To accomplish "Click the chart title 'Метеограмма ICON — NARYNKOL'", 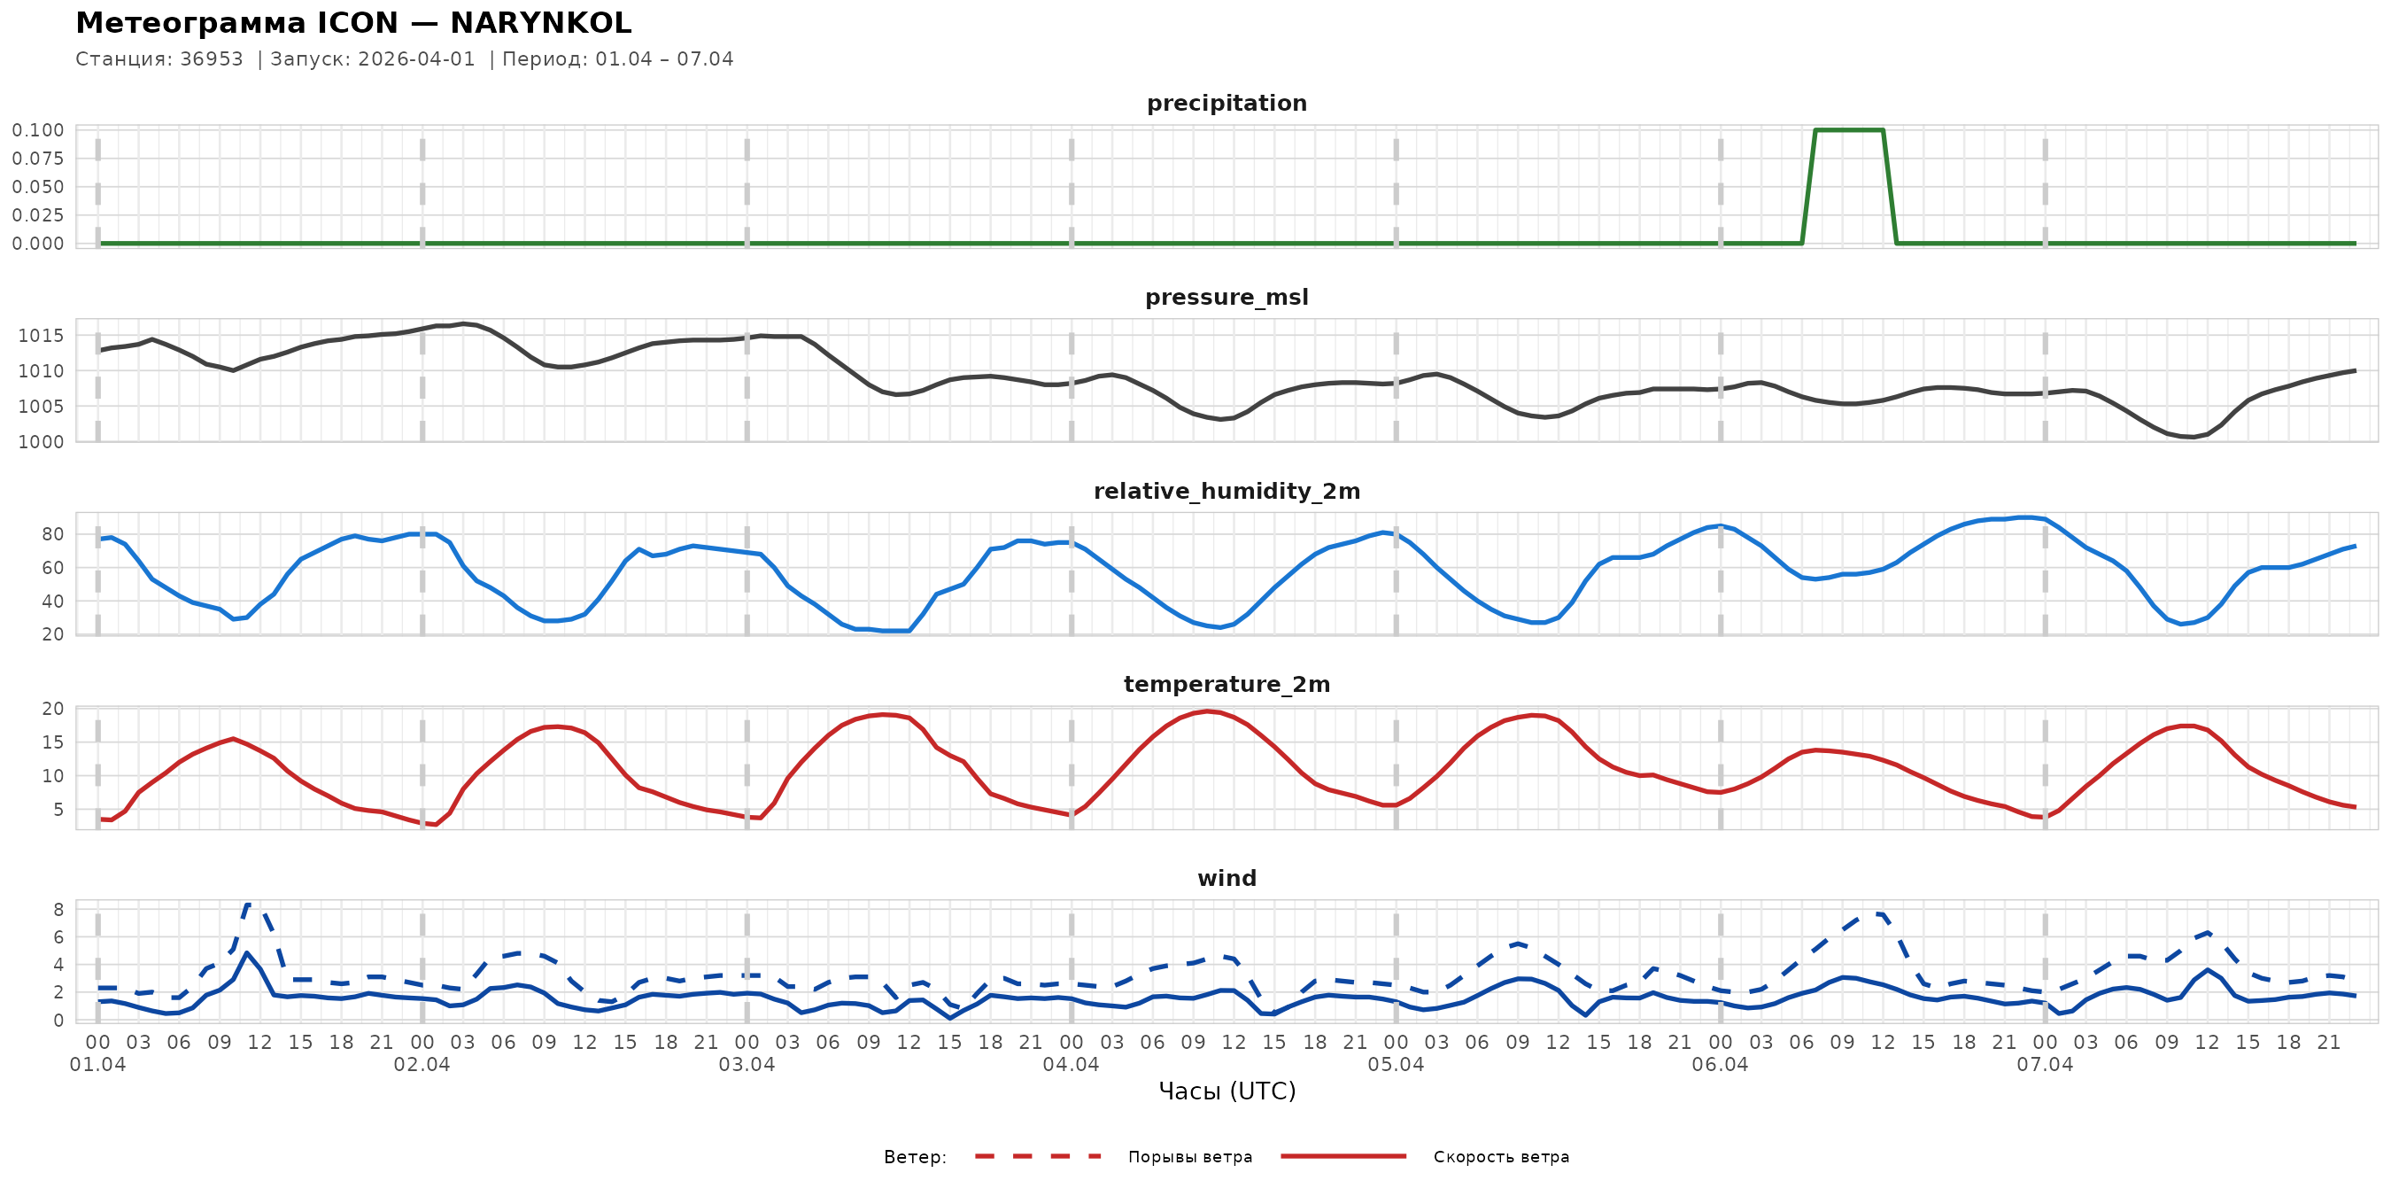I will click(x=352, y=23).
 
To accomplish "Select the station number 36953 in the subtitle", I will click(x=211, y=59).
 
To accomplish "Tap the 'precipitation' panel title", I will click(x=1226, y=103).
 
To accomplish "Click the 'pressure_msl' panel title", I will click(x=1226, y=297).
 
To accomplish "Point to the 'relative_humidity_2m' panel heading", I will click(x=1226, y=491).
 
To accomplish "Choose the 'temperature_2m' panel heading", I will click(x=1226, y=684).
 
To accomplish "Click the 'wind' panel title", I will click(x=1226, y=879).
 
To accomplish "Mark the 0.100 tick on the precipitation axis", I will click(x=38, y=130).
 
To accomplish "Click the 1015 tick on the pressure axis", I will click(x=41, y=336).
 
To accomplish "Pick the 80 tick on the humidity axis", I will click(x=52, y=534).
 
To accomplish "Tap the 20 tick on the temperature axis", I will click(x=52, y=709).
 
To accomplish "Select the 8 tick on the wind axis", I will click(x=58, y=910).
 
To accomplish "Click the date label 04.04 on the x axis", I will click(x=1071, y=1064).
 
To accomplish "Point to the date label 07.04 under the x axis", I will click(x=2044, y=1064).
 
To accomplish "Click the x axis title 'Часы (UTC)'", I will click(x=1226, y=1091).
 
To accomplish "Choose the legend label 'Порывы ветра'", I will click(x=1190, y=1157).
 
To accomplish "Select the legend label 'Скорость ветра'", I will click(x=1501, y=1157).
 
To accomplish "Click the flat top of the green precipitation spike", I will click(x=1848, y=130).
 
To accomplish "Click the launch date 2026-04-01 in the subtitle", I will click(x=416, y=59).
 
